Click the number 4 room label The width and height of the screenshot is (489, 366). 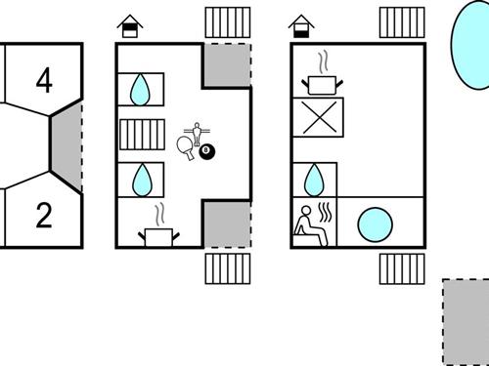44,80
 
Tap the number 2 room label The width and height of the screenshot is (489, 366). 44,216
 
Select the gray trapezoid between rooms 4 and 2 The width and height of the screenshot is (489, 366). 66,148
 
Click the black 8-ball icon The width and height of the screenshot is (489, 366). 207,150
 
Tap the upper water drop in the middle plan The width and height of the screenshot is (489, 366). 142,91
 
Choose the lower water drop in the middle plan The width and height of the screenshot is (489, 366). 142,180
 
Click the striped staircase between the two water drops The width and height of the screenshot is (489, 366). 142,135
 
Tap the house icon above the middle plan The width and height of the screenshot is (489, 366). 128,24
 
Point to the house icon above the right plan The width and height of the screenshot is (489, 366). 303,24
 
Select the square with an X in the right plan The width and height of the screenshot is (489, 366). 324,119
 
